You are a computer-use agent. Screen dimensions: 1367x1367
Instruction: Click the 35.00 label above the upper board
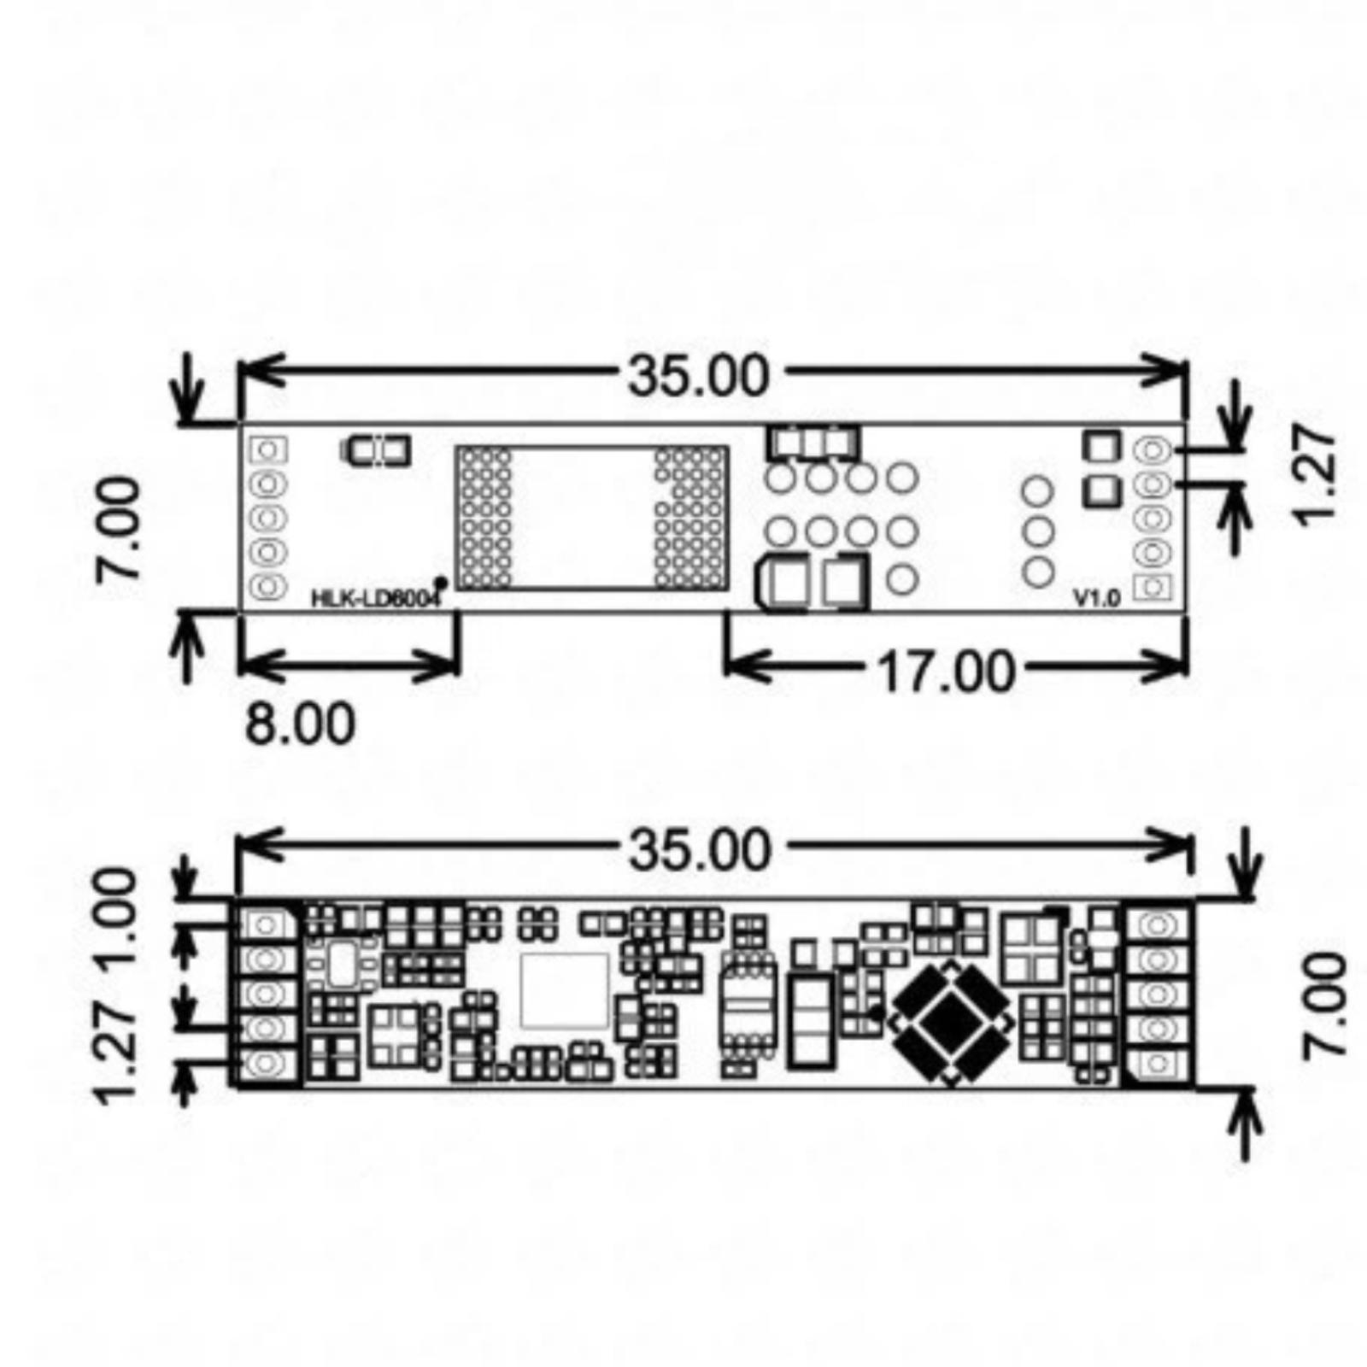[699, 376]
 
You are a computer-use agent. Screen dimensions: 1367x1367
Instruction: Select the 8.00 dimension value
[299, 725]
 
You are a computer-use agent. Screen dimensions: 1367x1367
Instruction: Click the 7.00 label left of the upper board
[118, 530]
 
